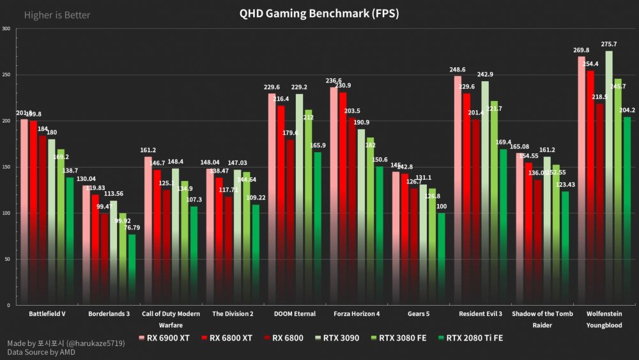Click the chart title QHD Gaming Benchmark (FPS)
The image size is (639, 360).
(319, 13)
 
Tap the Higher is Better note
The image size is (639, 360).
(57, 15)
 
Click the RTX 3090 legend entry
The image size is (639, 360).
(339, 338)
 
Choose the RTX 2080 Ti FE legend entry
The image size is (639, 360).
(470, 338)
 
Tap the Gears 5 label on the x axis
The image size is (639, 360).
(419, 314)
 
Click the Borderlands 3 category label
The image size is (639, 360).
(109, 314)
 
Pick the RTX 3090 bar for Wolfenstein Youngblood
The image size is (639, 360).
(609, 179)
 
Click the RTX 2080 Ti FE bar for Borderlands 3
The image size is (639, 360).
(132, 269)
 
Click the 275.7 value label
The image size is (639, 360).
(610, 44)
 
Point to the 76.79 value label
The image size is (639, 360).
(132, 228)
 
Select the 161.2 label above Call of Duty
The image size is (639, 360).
(148, 150)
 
